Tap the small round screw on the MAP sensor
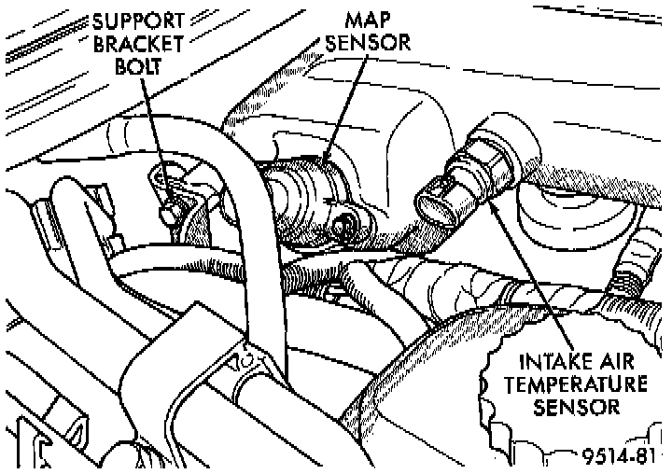[x=344, y=223]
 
